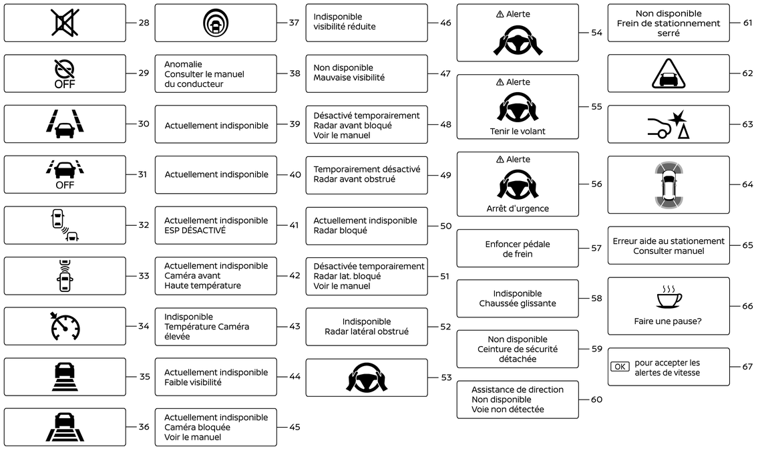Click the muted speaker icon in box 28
(65, 23)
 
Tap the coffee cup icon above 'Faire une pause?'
(669, 297)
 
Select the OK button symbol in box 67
(620, 367)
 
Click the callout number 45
(295, 427)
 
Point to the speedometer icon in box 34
(65, 326)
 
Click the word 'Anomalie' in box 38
(183, 64)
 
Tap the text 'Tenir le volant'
(518, 131)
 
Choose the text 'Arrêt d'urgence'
(518, 208)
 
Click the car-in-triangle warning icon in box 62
(669, 74)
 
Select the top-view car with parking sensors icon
(669, 184)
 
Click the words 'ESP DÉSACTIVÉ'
(195, 231)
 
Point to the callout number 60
(597, 400)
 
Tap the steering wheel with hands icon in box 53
(367, 377)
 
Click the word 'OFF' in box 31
(65, 185)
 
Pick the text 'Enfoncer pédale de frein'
(518, 249)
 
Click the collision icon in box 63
(669, 124)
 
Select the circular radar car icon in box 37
(216, 23)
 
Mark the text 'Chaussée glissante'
(518, 303)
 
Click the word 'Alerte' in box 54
(518, 14)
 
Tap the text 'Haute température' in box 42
(202, 286)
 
